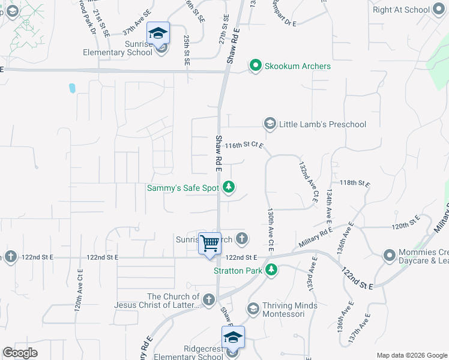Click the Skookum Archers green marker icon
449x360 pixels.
point(256,65)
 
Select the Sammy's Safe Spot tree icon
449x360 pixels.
point(228,188)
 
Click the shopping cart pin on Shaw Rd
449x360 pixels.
point(210,244)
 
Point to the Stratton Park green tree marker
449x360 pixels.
point(271,271)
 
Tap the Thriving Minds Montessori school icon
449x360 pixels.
point(253,309)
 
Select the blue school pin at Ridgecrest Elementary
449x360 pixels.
point(233,337)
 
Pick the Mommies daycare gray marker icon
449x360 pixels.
point(390,256)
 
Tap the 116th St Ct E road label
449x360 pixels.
point(244,145)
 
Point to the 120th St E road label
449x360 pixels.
point(408,226)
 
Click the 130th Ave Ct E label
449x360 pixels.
point(271,230)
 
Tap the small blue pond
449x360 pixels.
point(72,88)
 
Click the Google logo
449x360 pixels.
point(20,353)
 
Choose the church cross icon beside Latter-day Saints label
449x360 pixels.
point(208,299)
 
